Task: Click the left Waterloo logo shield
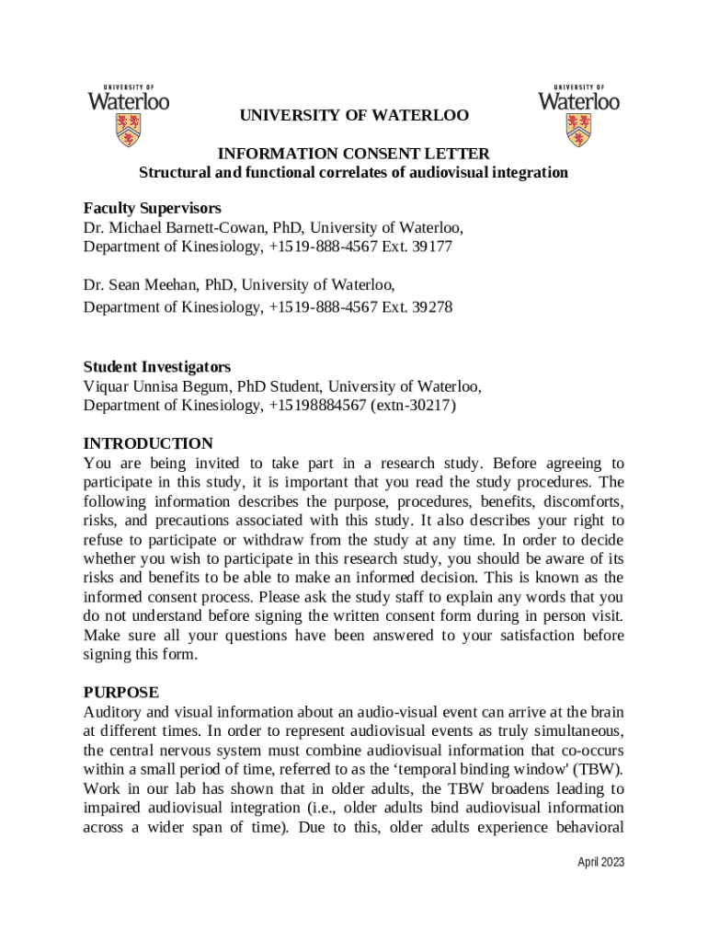tap(128, 130)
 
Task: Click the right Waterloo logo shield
tap(578, 130)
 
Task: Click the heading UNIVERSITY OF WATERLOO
tap(354, 116)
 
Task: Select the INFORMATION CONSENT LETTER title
tap(353, 154)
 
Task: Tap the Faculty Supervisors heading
tap(152, 209)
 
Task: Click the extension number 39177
tap(432, 247)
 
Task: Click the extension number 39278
tap(432, 306)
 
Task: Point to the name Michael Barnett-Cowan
tap(181, 228)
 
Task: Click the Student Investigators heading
tap(156, 366)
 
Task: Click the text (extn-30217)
tap(413, 405)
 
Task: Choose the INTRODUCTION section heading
tap(148, 443)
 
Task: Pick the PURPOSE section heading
tap(120, 692)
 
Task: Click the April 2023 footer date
tap(600, 863)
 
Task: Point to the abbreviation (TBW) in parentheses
tap(602, 770)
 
